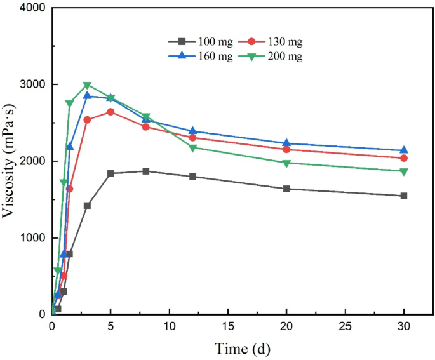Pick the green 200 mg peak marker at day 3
coord(87,85)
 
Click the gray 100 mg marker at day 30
coord(404,196)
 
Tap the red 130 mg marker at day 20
coord(286,149)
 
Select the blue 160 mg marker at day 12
coord(192,131)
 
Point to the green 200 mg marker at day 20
coord(286,163)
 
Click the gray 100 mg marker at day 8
coord(146,171)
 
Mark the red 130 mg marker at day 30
coord(404,158)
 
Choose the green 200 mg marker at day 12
coord(192,148)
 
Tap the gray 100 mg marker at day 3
coord(87,205)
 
